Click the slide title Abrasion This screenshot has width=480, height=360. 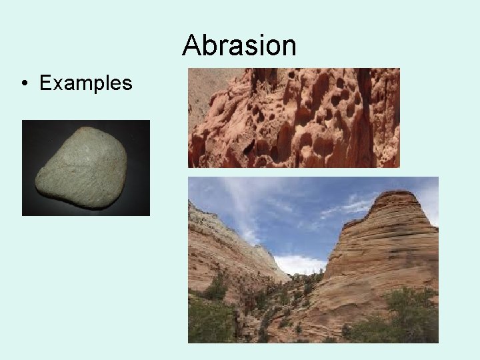(239, 45)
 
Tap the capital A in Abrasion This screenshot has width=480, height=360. (192, 45)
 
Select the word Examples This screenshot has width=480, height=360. (86, 83)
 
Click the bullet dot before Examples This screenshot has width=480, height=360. (24, 84)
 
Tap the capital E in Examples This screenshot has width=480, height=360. (46, 83)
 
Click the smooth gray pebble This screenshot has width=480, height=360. (84, 167)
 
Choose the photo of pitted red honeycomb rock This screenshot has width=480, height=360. (294, 117)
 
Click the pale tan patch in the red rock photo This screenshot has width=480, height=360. (203, 87)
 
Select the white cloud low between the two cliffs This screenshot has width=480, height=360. (300, 264)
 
